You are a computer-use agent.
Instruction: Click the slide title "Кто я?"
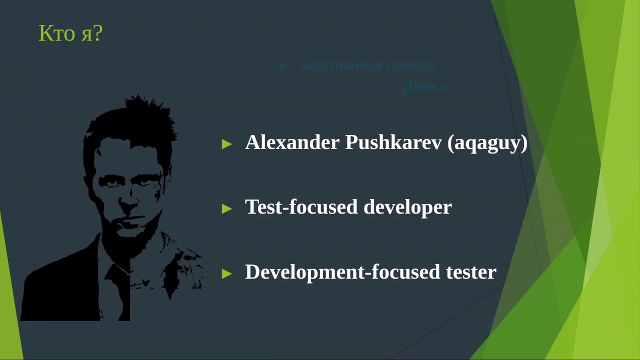point(70,34)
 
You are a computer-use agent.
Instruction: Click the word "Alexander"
point(292,142)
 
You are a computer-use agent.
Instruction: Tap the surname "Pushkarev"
point(393,142)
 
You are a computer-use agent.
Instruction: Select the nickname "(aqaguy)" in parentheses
point(487,143)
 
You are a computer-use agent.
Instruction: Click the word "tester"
point(471,272)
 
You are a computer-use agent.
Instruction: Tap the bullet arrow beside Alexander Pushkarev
point(226,144)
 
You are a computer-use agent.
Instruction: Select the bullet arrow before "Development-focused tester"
point(226,273)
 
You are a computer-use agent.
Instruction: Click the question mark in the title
point(97,34)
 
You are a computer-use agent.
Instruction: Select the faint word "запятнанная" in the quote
point(340,65)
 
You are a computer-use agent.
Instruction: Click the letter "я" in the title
point(85,35)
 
